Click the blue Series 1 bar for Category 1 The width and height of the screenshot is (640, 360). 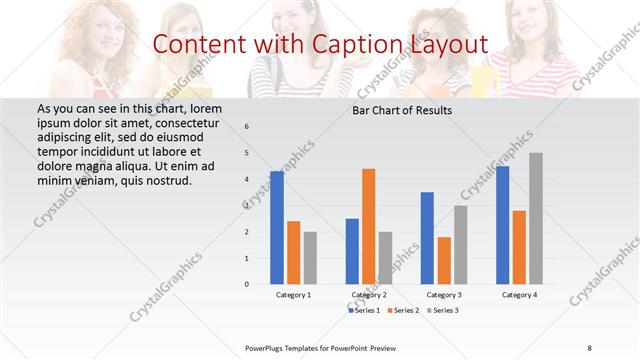pos(277,228)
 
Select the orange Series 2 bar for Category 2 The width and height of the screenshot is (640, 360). pos(368,227)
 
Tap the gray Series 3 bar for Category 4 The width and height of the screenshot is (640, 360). pos(535,219)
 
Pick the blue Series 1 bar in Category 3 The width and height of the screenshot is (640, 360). pos(427,238)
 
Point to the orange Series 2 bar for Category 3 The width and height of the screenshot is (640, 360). pos(443,260)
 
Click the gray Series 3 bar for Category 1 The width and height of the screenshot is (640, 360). pos(310,258)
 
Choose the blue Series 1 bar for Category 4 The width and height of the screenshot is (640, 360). pos(502,225)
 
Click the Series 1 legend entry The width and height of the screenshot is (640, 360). pos(365,311)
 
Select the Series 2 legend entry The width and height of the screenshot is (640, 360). pos(403,311)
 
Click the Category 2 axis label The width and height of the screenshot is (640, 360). pos(369,295)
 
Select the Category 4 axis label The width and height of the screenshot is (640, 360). pos(518,295)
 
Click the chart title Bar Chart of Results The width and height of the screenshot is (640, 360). pos(401,110)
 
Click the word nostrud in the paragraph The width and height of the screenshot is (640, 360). pos(165,180)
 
